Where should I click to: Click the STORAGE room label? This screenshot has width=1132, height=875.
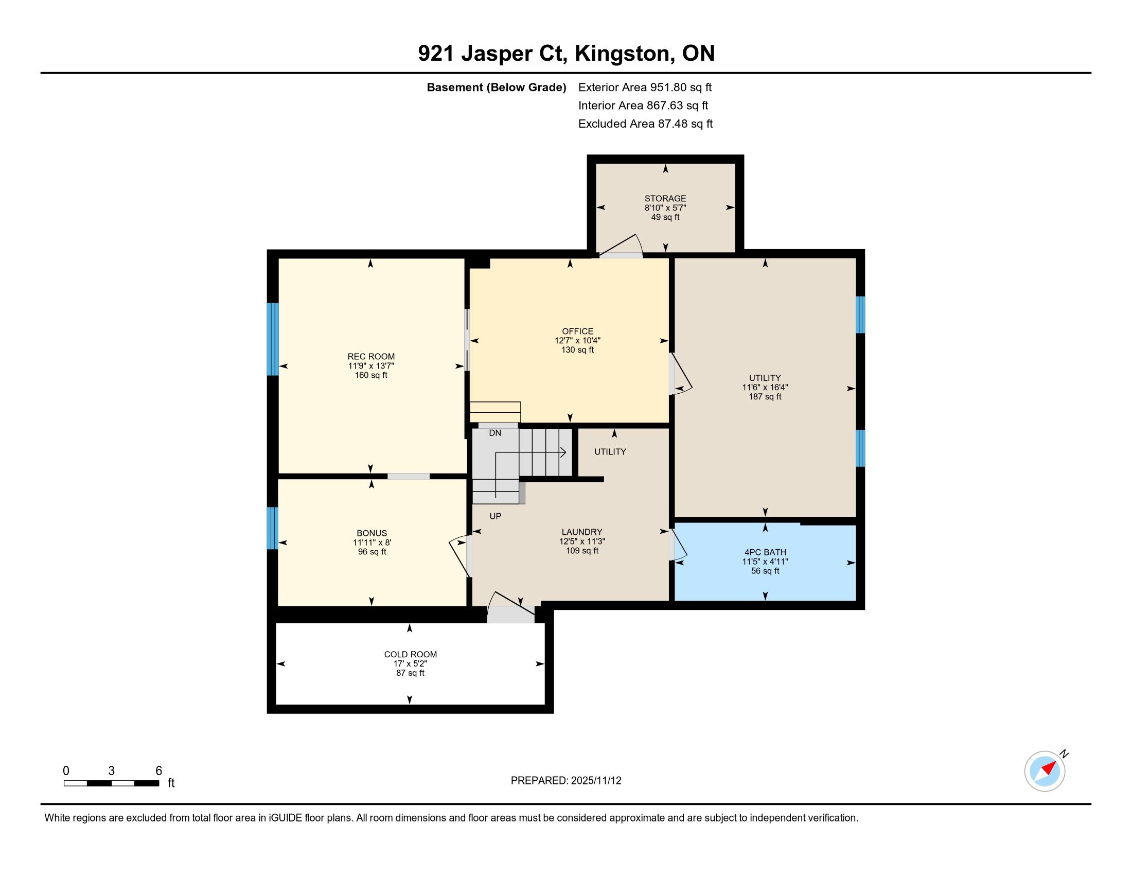coord(665,199)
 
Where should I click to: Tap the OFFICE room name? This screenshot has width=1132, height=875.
coord(577,331)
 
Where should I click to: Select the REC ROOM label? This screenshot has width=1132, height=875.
coord(371,357)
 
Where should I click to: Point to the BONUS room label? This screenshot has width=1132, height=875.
coord(372,533)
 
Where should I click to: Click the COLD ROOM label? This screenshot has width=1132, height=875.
coord(411,655)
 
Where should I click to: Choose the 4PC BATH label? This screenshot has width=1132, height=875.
coord(765,553)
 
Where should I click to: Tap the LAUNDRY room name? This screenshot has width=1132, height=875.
coord(582,532)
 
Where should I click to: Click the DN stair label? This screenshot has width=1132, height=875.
coord(495,433)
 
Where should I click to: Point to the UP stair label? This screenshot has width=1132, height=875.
coord(496,516)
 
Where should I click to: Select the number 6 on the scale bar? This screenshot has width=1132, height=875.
coord(158,771)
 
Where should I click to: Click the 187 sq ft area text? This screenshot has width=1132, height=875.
coord(765,397)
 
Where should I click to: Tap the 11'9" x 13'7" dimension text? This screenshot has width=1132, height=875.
coord(371,366)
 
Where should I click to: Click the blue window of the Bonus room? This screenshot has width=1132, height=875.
coord(273,528)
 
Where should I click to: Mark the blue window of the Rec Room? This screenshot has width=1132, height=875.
coord(273,339)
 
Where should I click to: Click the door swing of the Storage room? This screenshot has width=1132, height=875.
coord(622,245)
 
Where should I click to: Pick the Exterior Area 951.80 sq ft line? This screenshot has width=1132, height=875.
coord(645,87)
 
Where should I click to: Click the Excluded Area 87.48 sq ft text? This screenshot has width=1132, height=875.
coord(645,124)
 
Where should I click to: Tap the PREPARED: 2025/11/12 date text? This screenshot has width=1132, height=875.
coord(566,781)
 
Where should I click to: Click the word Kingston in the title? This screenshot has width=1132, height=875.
coord(622,54)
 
